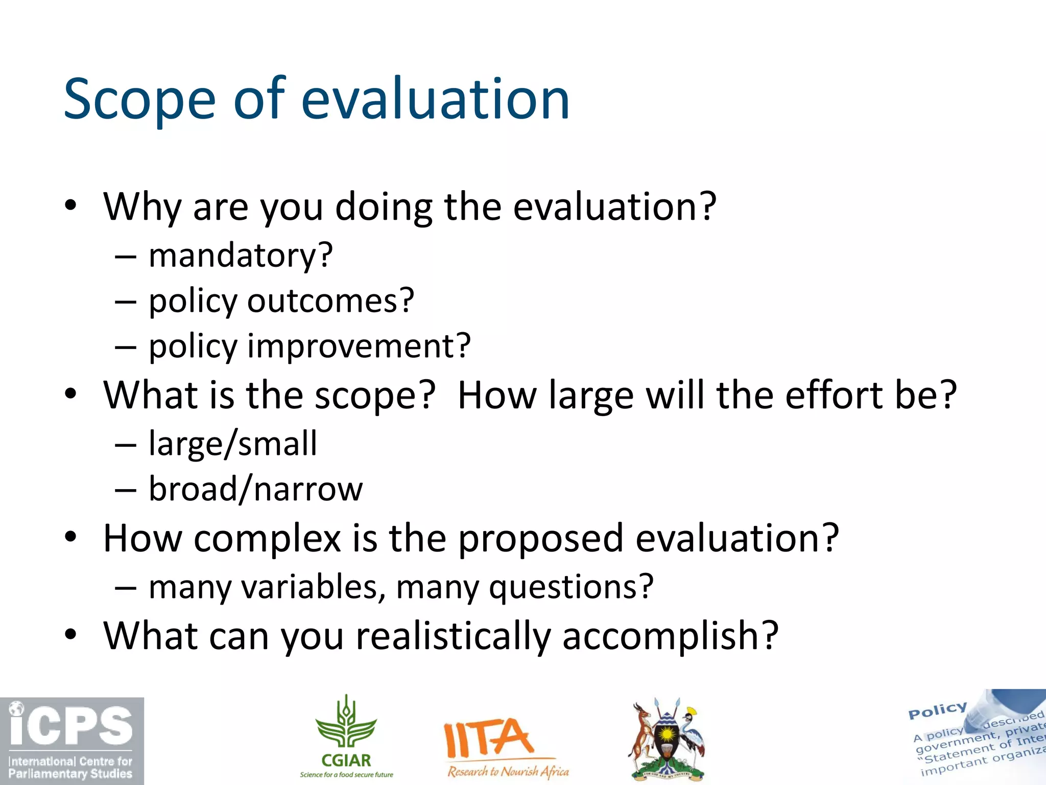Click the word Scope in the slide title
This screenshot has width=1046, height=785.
pyautogui.click(x=139, y=100)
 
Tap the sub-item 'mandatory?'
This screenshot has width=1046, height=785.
pyautogui.click(x=241, y=256)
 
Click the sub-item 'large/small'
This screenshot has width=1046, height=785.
pyautogui.click(x=233, y=444)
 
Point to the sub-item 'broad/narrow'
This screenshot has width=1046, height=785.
pyautogui.click(x=255, y=489)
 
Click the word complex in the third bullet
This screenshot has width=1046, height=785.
pyautogui.click(x=267, y=539)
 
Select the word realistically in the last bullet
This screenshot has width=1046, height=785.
pyautogui.click(x=453, y=636)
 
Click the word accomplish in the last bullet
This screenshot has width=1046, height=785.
pyautogui.click(x=670, y=636)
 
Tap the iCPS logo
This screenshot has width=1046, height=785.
pyautogui.click(x=72, y=741)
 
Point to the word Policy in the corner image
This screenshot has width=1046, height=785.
pyautogui.click(x=938, y=710)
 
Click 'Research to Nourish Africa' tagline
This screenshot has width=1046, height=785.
pyautogui.click(x=508, y=771)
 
